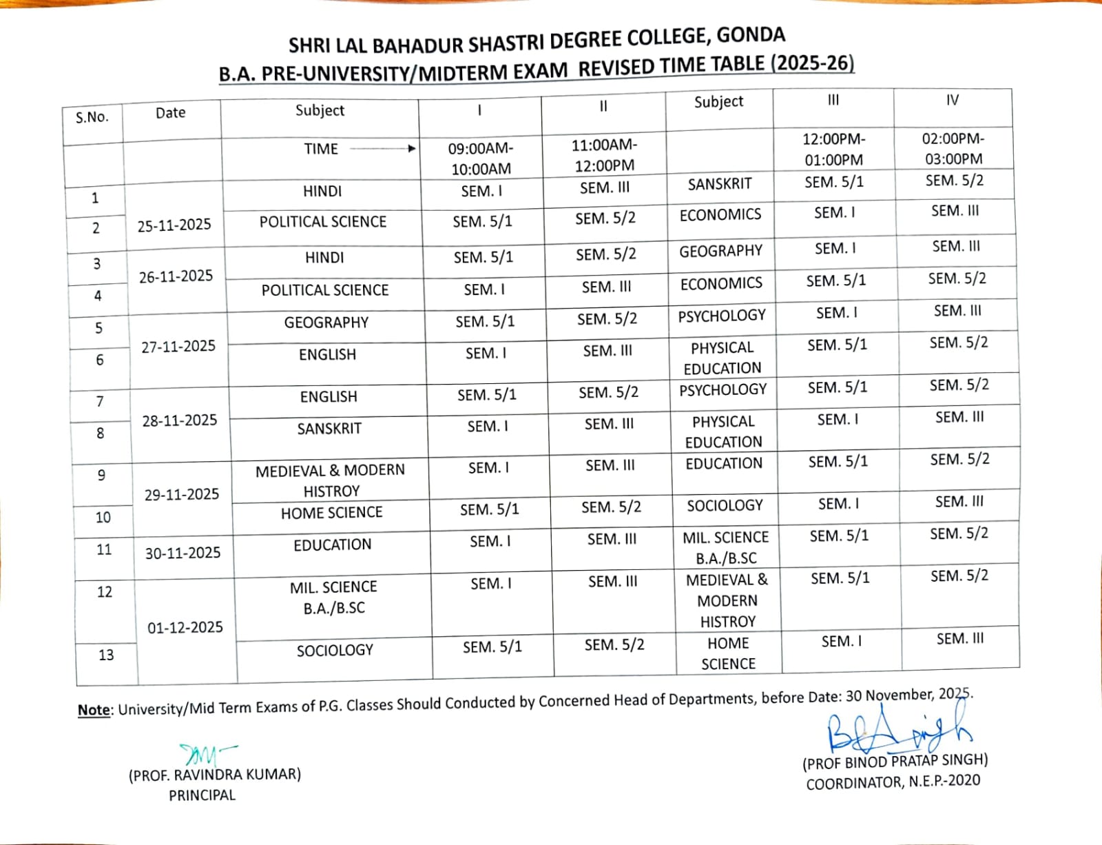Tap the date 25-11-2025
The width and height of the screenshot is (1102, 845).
(174, 225)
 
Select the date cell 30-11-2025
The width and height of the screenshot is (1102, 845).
(183, 553)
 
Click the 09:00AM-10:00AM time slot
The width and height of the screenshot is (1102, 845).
(481, 159)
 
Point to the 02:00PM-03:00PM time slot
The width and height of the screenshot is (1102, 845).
(954, 149)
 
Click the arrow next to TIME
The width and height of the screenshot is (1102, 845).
(383, 148)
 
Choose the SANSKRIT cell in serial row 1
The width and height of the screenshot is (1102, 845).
(720, 184)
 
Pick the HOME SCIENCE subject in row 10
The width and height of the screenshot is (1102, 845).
(331, 513)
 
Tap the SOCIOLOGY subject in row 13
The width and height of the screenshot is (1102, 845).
(335, 650)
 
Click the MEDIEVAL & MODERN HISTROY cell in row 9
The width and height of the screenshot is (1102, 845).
(331, 480)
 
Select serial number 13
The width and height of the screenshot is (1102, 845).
(106, 655)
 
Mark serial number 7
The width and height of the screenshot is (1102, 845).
(100, 401)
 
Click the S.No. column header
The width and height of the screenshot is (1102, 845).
(92, 117)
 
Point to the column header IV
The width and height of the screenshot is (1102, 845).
(952, 101)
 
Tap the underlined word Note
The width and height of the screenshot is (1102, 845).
(94, 710)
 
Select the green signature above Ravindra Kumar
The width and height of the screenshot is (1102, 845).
(204, 753)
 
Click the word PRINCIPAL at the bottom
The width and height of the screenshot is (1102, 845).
(202, 795)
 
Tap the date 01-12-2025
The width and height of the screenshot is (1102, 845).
(185, 627)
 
